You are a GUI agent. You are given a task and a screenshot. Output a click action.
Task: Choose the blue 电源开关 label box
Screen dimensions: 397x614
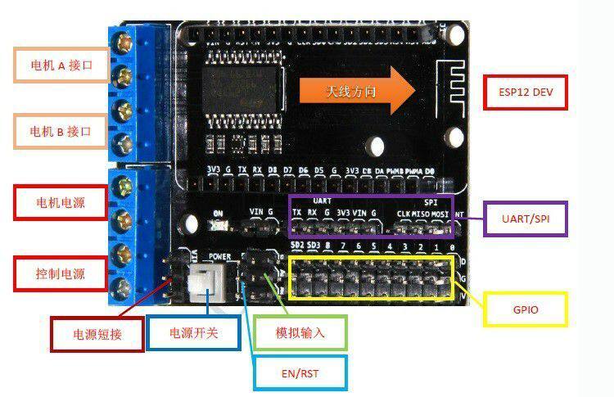192,333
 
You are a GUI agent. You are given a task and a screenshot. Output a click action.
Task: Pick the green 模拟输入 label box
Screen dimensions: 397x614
300,333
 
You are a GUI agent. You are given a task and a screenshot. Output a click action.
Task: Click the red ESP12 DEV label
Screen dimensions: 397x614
526,92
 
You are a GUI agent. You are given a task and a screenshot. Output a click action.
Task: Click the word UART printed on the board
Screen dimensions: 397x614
322,200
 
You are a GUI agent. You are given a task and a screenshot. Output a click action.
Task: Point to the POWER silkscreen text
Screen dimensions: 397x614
220,256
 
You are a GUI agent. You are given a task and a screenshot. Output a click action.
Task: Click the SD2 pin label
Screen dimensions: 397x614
296,245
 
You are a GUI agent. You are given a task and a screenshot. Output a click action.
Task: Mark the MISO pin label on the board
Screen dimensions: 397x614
420,214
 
